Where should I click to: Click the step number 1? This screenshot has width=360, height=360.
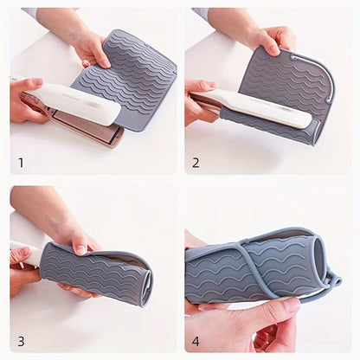pyautogui.click(x=20, y=162)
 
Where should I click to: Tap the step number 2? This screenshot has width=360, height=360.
pyautogui.click(x=196, y=162)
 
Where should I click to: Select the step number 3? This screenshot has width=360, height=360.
pyautogui.click(x=20, y=340)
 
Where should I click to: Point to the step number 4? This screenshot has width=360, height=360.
pyautogui.click(x=196, y=340)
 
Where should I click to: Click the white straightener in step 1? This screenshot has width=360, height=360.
pyautogui.click(x=78, y=105)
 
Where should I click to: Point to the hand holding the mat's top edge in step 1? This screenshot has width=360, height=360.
pyautogui.click(x=91, y=48)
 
